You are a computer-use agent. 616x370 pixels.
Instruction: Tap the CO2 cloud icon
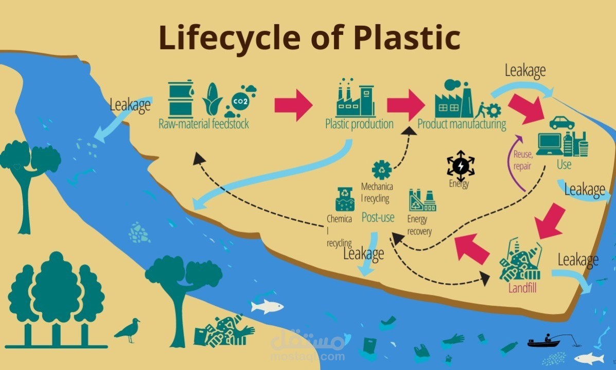click(x=240, y=101)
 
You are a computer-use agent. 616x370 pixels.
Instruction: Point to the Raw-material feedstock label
click(x=203, y=124)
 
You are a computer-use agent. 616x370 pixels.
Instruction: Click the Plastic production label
click(x=359, y=124)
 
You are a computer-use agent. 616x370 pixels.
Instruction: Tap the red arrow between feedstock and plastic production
click(x=293, y=105)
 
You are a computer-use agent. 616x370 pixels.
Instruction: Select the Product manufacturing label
click(x=462, y=124)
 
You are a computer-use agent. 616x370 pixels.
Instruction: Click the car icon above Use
click(x=562, y=123)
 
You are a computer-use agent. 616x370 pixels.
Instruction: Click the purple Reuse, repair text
click(x=522, y=159)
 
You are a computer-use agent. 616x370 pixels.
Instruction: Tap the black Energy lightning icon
click(x=460, y=165)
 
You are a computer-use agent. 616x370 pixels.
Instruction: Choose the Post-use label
click(x=378, y=217)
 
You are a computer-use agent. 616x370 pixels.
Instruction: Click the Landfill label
click(x=522, y=288)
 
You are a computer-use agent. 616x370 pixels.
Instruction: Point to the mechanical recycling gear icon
click(x=382, y=169)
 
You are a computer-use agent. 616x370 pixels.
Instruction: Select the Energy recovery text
click(x=419, y=225)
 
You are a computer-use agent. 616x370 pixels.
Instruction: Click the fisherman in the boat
click(x=547, y=340)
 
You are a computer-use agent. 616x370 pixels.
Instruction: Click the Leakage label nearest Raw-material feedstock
click(x=130, y=105)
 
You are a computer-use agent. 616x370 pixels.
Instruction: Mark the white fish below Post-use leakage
click(x=267, y=307)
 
